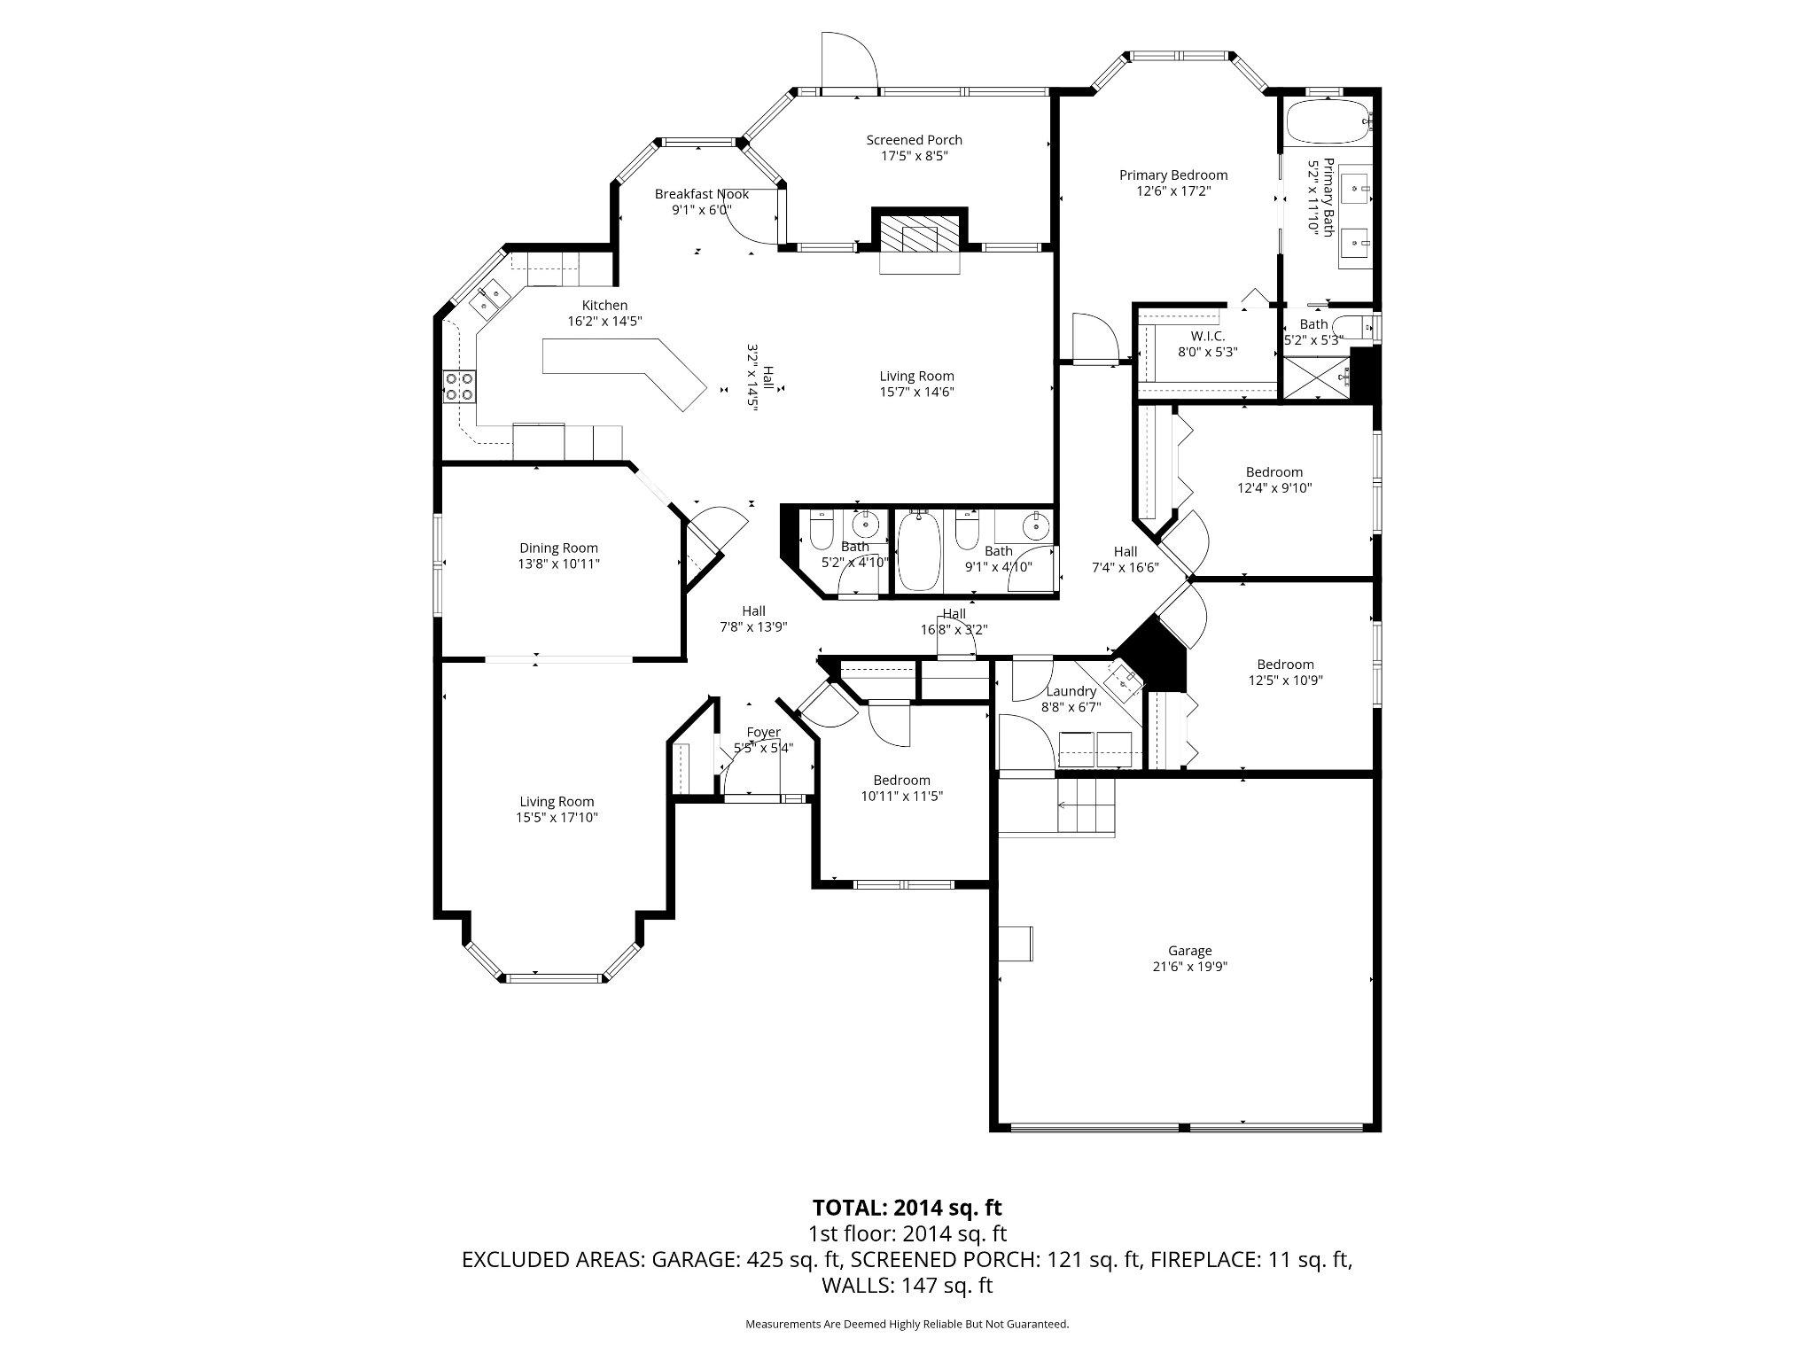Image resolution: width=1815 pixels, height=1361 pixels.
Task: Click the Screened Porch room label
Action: [x=914, y=140]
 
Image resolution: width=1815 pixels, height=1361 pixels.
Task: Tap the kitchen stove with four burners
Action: [x=458, y=387]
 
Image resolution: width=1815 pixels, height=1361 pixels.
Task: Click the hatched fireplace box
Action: [x=920, y=234]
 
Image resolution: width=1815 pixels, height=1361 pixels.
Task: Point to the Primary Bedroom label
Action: [x=1172, y=175]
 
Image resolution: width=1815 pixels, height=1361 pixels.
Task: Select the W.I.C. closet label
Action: [x=1207, y=336]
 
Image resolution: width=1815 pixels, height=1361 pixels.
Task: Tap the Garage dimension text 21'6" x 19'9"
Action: [x=1188, y=967]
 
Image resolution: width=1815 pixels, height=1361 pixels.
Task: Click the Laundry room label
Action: [x=1071, y=691]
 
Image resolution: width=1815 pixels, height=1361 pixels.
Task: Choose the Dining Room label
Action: [x=558, y=548]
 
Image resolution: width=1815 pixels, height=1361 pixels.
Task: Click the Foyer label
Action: [x=763, y=732]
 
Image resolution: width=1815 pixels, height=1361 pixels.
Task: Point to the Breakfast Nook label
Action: [x=701, y=194]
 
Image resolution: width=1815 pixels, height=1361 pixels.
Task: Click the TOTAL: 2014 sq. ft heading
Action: [x=907, y=1207]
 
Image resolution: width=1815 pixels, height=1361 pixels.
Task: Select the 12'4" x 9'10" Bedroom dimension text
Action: [x=1274, y=488]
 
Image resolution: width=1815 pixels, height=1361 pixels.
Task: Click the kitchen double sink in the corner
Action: [x=488, y=297]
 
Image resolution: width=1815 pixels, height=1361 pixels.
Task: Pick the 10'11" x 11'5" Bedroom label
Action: [x=901, y=780]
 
